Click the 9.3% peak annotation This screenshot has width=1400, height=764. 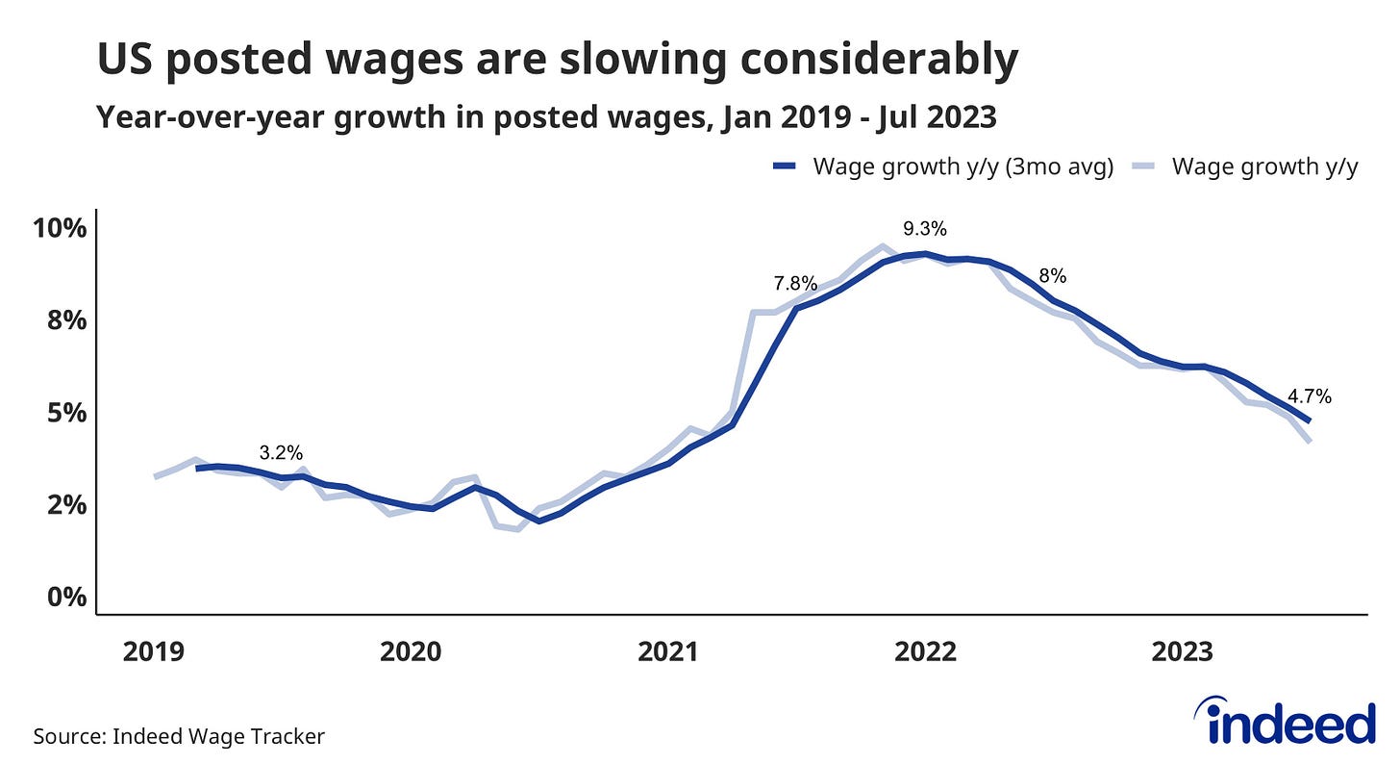(x=925, y=229)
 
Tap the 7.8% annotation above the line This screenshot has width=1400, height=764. (x=795, y=284)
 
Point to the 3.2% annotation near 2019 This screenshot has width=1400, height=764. (x=282, y=452)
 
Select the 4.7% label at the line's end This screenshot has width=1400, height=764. (x=1310, y=395)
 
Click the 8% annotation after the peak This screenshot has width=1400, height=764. (x=1052, y=275)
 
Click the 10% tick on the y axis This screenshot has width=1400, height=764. (x=60, y=229)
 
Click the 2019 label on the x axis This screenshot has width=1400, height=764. (x=154, y=651)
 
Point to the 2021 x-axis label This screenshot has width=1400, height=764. (x=668, y=651)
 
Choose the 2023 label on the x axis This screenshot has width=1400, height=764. (x=1183, y=651)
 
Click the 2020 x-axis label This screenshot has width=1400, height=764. (x=411, y=651)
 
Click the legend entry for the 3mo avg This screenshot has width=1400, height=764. (x=962, y=166)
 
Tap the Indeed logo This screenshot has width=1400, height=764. (x=1285, y=723)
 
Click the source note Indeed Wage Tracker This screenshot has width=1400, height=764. (x=218, y=737)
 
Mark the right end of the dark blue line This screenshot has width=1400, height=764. (x=1309, y=420)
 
